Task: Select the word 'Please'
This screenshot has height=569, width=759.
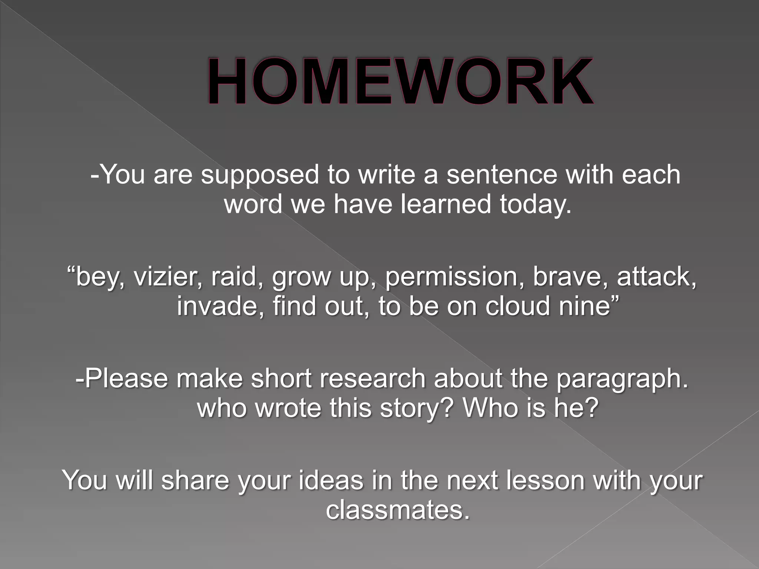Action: [x=126, y=379]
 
